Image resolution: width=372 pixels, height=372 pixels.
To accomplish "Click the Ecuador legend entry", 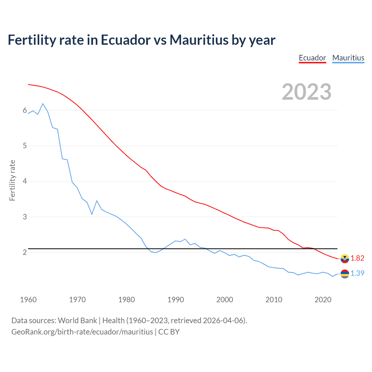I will point(312,58).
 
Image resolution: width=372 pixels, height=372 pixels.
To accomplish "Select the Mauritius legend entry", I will point(348,58).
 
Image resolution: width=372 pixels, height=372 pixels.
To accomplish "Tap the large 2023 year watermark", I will point(307,92).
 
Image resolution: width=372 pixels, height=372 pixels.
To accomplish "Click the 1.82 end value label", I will point(357,258).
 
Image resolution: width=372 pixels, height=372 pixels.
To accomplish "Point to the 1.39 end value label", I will point(357,273).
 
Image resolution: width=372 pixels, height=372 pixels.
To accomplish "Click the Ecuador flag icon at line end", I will point(345,258).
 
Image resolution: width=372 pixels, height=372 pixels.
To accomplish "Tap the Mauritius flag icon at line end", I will point(345,274).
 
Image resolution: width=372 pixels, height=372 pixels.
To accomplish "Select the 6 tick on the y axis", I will point(25,110).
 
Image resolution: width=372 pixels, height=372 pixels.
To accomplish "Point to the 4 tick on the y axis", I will point(25,181).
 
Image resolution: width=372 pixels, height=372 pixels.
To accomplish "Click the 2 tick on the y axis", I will point(25,252).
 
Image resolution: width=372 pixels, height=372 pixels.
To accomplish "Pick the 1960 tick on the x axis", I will point(28,300).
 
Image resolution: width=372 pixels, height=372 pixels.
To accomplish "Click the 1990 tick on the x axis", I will point(176,300).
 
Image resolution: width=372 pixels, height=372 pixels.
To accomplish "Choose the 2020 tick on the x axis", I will point(323,300).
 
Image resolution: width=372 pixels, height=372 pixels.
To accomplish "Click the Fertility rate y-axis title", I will point(12,180).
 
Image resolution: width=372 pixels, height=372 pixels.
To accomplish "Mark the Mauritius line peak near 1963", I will point(43,104).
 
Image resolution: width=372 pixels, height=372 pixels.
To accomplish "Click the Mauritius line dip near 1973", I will point(92,214).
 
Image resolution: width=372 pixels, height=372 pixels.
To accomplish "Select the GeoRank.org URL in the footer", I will point(82,332).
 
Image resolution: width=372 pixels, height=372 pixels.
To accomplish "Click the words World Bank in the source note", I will point(77,321).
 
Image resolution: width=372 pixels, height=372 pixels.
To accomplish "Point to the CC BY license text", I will point(169,332).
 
